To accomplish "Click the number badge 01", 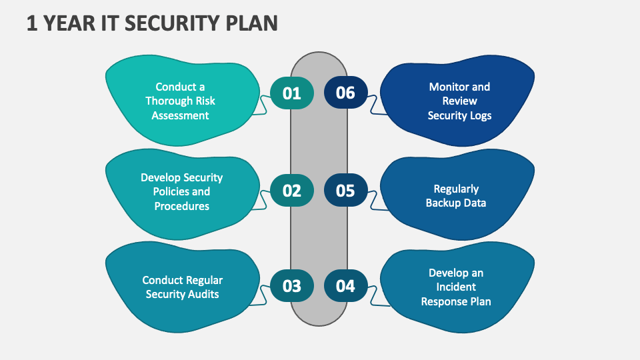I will tap(291, 93).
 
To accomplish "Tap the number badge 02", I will tap(291, 191).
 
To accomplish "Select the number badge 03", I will tap(291, 287).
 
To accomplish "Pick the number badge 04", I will tap(345, 287).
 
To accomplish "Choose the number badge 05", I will tap(345, 191).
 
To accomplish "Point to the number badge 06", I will tap(345, 93).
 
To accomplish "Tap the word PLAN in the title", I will tap(251, 23).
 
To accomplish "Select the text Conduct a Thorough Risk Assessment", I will tap(180, 101).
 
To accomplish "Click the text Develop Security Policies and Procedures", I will tap(181, 192).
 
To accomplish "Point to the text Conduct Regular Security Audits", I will tap(182, 287).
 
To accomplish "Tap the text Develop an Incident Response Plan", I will tap(456, 287).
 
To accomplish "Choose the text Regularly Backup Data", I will tap(456, 196).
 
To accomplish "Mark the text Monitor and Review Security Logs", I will tap(459, 101).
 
